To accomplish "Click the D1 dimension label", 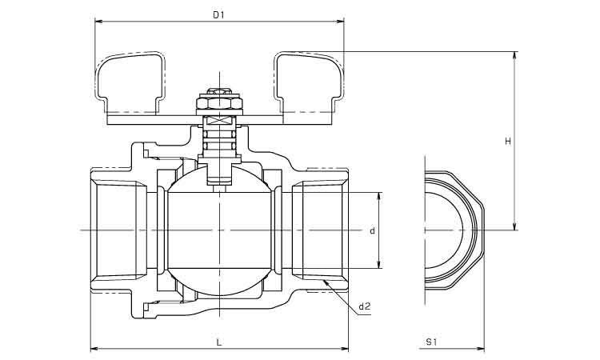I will (x=218, y=14).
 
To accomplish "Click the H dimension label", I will (x=507, y=142).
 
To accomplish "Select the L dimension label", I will (x=219, y=342).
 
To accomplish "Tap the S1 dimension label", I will (x=431, y=342).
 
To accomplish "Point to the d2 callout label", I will (x=364, y=306).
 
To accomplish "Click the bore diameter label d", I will (x=373, y=230).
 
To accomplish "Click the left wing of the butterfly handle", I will (x=132, y=79).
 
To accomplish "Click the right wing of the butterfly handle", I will (x=308, y=79).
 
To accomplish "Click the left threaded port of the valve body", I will (x=120, y=230).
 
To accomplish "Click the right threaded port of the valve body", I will (x=320, y=230).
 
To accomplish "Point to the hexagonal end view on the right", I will (x=454, y=230).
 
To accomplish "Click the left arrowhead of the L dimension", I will (x=94, y=348).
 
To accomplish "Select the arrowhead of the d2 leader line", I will (x=326, y=282).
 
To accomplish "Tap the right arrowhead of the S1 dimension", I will (x=482, y=348).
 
